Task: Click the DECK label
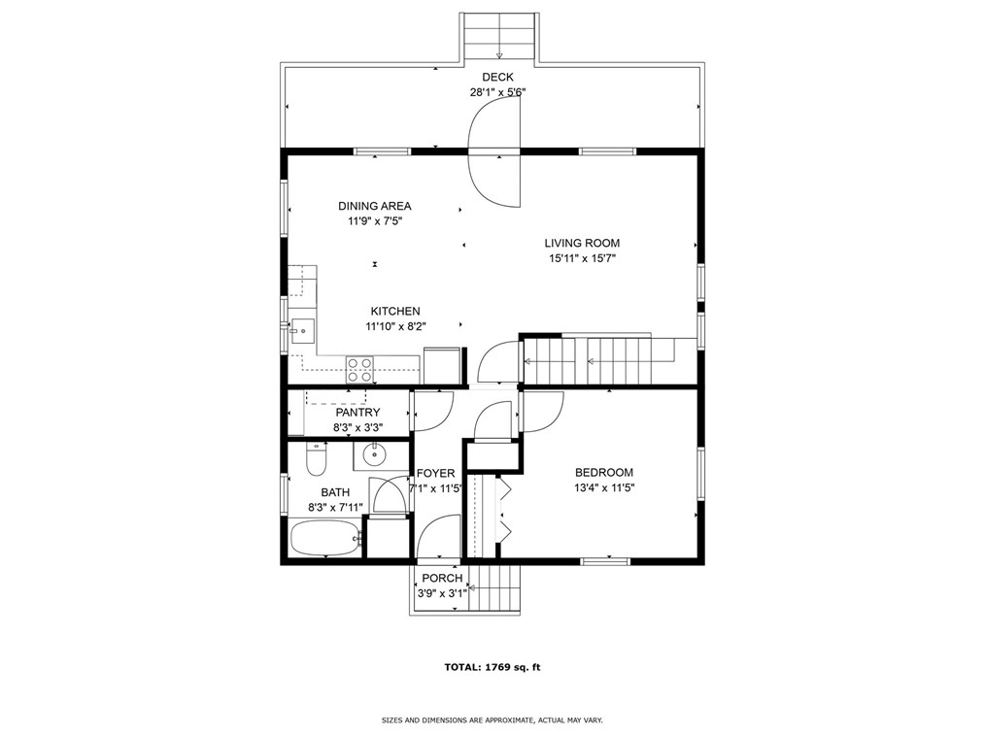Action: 497,78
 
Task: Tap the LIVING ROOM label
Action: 582,243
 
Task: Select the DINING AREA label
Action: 374,206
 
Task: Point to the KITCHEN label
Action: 395,311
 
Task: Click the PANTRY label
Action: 357,413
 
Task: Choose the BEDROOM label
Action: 603,473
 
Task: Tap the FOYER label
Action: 435,474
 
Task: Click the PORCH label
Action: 442,579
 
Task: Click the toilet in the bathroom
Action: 316,459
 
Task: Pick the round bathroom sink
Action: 374,454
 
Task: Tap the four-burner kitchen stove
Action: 360,370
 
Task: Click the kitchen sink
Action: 302,330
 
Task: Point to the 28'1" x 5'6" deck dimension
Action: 497,92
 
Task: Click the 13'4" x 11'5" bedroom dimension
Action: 603,488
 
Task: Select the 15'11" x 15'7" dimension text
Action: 582,258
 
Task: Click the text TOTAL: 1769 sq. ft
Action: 492,668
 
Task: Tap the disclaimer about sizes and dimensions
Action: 492,720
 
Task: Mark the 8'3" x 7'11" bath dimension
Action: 335,508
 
